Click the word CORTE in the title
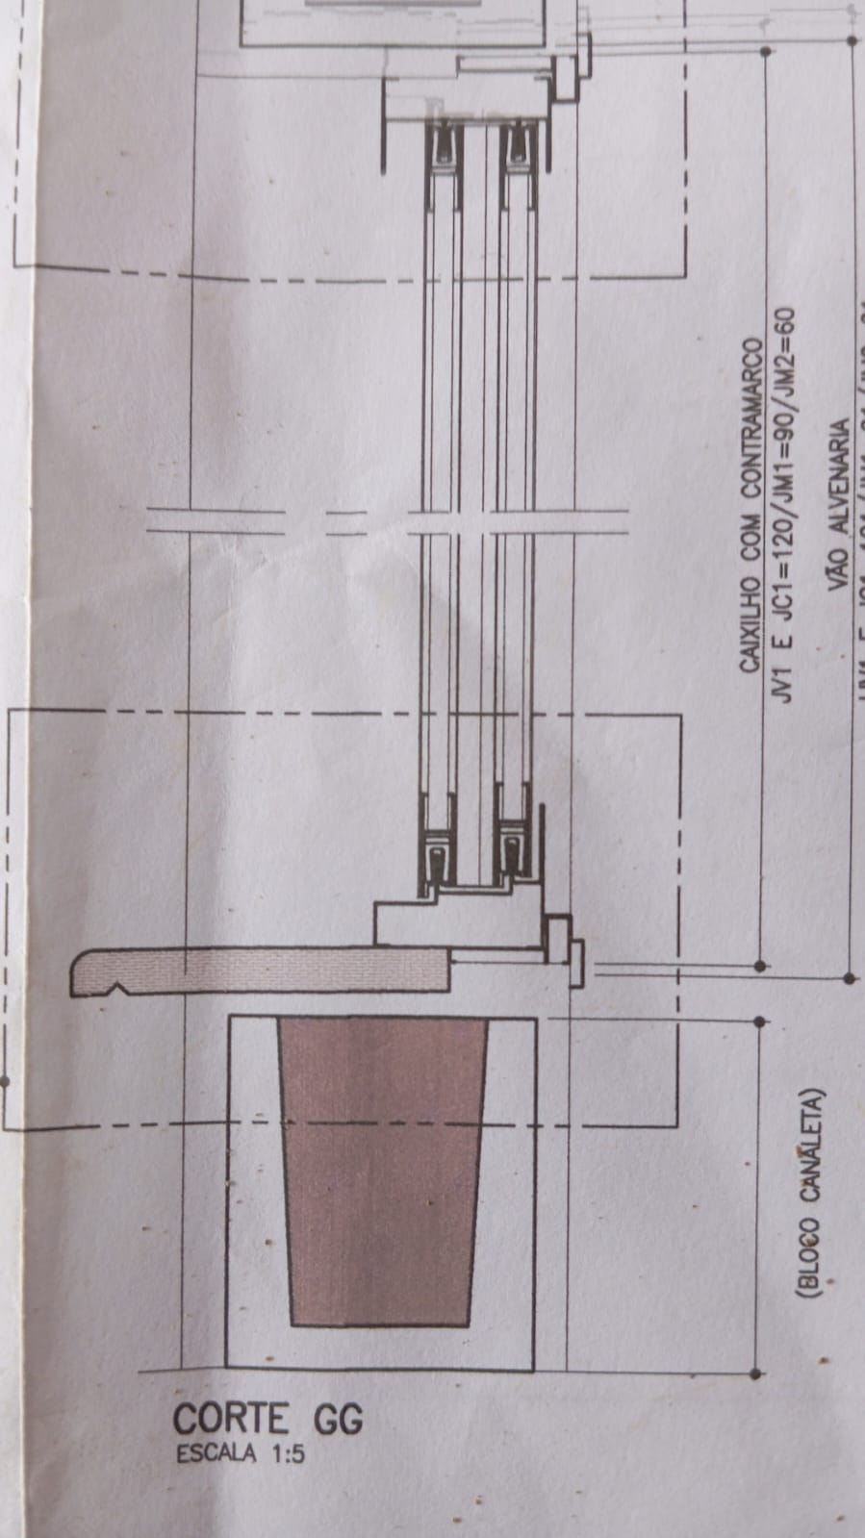tap(230, 1420)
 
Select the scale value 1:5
tap(286, 1454)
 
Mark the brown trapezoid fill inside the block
tap(381, 1173)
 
